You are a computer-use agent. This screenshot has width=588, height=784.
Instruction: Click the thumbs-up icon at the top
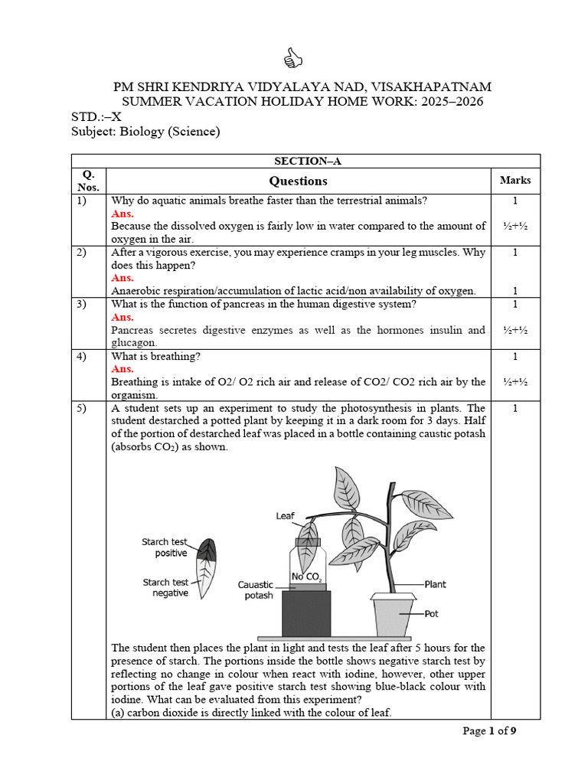point(293,57)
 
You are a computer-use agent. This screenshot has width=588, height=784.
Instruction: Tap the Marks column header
point(515,180)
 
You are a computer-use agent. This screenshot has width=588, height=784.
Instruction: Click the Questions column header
point(298,181)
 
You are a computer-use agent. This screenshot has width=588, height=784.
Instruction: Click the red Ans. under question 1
point(122,214)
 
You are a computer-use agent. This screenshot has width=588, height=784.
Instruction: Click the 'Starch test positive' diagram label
point(165,547)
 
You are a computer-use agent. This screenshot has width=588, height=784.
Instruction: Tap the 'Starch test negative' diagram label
point(165,587)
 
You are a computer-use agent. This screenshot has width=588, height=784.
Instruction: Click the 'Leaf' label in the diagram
point(285,517)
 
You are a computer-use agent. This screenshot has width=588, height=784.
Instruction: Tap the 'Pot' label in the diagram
point(432,613)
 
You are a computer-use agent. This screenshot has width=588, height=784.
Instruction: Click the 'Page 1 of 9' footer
point(490,731)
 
